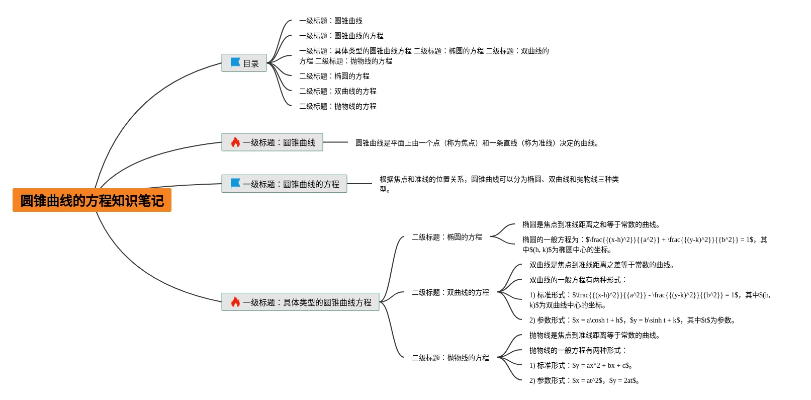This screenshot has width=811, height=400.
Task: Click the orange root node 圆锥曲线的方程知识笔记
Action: tap(92, 200)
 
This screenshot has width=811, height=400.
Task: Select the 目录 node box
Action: tap(244, 63)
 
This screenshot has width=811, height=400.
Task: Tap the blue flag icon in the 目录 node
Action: tap(235, 63)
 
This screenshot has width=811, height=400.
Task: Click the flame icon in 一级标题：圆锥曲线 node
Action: tap(235, 142)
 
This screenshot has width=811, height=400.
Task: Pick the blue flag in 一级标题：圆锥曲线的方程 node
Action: tap(235, 183)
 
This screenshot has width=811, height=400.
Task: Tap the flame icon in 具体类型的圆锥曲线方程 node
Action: tap(235, 302)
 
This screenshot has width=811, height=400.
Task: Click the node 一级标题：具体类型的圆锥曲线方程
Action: tap(300, 302)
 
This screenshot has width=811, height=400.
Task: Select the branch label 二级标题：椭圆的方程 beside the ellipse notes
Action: tap(447, 237)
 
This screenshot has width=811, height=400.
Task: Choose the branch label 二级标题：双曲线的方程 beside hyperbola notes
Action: tap(450, 292)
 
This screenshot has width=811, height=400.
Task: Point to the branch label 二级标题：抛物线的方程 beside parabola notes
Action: tap(450, 358)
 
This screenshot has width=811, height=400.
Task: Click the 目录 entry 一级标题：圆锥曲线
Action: tap(330, 21)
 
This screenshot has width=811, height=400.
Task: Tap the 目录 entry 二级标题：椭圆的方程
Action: tap(334, 76)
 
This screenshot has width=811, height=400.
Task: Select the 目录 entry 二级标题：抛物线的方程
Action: tap(338, 106)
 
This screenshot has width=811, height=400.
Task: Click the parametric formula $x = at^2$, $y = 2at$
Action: tap(605, 380)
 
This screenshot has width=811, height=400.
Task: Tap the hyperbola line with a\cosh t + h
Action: tap(632, 321)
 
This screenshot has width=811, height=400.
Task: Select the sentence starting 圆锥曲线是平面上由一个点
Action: tap(477, 143)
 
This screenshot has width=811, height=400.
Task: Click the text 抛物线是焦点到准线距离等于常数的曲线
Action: tap(594, 335)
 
